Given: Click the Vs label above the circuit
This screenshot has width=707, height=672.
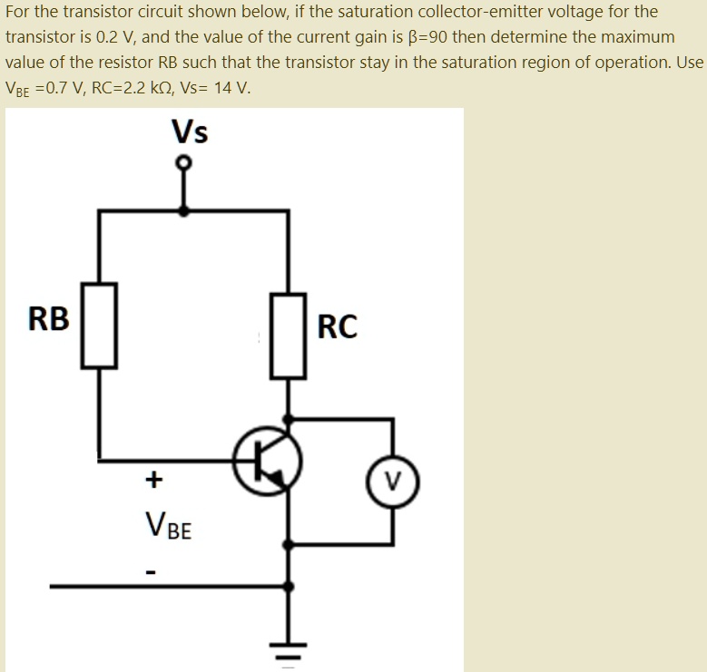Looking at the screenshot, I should [190, 133].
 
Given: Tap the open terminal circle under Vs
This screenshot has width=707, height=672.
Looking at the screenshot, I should [184, 163].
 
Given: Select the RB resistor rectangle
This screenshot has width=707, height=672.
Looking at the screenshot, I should [100, 325].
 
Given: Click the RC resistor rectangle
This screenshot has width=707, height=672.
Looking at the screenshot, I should [290, 336].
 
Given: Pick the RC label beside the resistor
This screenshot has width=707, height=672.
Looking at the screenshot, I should [338, 326].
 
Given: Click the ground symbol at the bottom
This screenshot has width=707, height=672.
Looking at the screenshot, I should [290, 651].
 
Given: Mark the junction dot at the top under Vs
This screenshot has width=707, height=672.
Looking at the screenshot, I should [184, 210].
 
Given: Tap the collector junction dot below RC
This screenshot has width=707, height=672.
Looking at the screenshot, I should [290, 419].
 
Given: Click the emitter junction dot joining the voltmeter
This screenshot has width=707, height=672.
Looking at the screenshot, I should [290, 545].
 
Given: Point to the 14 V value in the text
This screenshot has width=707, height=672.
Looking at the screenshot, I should [232, 89].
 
